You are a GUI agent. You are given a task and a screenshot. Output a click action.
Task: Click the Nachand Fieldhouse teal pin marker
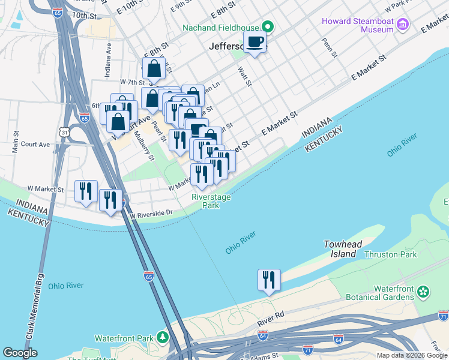(x=268, y=28)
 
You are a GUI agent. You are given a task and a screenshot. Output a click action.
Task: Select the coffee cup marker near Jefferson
(x=255, y=43)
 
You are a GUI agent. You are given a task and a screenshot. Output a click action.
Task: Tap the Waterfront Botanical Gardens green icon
(x=424, y=292)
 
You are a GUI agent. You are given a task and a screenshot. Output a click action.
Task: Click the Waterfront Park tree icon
(x=162, y=338)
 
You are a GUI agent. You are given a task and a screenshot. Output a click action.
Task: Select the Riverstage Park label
(x=211, y=201)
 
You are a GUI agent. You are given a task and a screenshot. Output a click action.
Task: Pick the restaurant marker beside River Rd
(x=269, y=280)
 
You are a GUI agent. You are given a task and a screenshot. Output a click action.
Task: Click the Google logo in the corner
(x=20, y=353)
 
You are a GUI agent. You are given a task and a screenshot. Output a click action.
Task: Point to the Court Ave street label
(x=35, y=145)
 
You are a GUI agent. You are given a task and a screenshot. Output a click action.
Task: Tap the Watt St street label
(x=243, y=76)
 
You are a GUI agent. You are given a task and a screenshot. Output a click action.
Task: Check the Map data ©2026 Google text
(x=411, y=355)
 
